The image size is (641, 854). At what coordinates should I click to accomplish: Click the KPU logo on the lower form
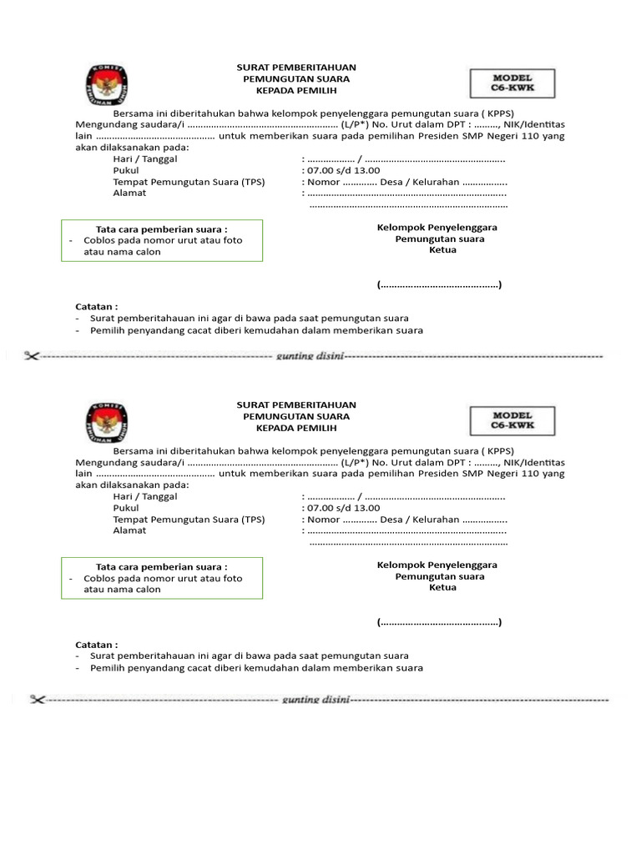(x=106, y=421)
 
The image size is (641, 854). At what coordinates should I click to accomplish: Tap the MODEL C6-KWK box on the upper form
(x=512, y=82)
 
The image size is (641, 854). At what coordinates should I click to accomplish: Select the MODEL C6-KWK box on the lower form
(x=512, y=420)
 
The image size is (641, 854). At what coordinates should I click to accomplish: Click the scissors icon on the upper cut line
(x=32, y=356)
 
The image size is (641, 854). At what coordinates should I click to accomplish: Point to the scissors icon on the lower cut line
(x=37, y=699)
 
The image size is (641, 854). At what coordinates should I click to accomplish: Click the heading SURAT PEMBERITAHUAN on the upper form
(x=296, y=67)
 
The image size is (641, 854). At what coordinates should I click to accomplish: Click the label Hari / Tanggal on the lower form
(x=145, y=496)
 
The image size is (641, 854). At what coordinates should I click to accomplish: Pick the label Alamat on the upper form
(x=129, y=193)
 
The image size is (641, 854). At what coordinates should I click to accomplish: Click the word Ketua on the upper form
(x=442, y=250)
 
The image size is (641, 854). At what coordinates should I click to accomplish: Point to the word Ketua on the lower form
(x=442, y=587)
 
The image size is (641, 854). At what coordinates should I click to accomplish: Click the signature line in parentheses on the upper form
(x=439, y=285)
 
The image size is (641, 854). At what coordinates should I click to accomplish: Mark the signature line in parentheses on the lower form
(x=439, y=622)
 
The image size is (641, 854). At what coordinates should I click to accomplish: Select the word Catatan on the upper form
(x=96, y=306)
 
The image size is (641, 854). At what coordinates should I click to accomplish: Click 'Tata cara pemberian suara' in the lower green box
(x=161, y=566)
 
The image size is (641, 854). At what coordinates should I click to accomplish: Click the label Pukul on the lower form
(x=126, y=507)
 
